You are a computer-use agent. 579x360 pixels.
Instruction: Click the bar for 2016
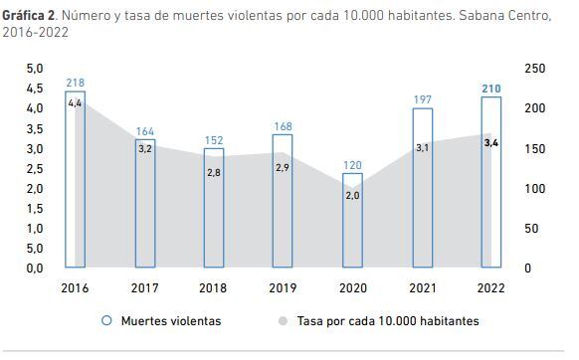[x=75, y=180]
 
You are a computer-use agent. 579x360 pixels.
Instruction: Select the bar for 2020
[x=352, y=221]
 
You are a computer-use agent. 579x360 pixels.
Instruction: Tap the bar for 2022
[x=490, y=182]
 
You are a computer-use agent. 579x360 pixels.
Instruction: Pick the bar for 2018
[x=214, y=208]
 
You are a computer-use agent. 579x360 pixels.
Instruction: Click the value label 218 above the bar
[x=75, y=83]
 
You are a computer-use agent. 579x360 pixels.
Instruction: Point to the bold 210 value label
[x=490, y=89]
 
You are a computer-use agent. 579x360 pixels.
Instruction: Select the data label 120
[x=352, y=165]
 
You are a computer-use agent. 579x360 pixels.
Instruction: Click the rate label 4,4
[x=75, y=103]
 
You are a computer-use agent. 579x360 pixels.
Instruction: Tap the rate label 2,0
[x=352, y=195]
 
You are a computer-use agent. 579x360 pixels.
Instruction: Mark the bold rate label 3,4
[x=490, y=143]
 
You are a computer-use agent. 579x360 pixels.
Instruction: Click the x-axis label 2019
[x=284, y=287]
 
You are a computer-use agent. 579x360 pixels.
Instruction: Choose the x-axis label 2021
[x=422, y=287]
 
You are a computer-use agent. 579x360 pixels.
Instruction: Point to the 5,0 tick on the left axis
[x=34, y=69]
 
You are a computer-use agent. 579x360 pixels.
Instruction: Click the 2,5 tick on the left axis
[x=34, y=168]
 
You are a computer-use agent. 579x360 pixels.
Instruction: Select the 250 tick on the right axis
[x=534, y=69]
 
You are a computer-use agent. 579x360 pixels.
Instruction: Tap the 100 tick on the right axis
[x=534, y=188]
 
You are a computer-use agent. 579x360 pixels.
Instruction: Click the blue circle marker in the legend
[x=104, y=321]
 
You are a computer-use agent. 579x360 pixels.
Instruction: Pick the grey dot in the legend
[x=284, y=321]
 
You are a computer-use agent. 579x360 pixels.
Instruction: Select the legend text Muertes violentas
[x=171, y=321]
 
